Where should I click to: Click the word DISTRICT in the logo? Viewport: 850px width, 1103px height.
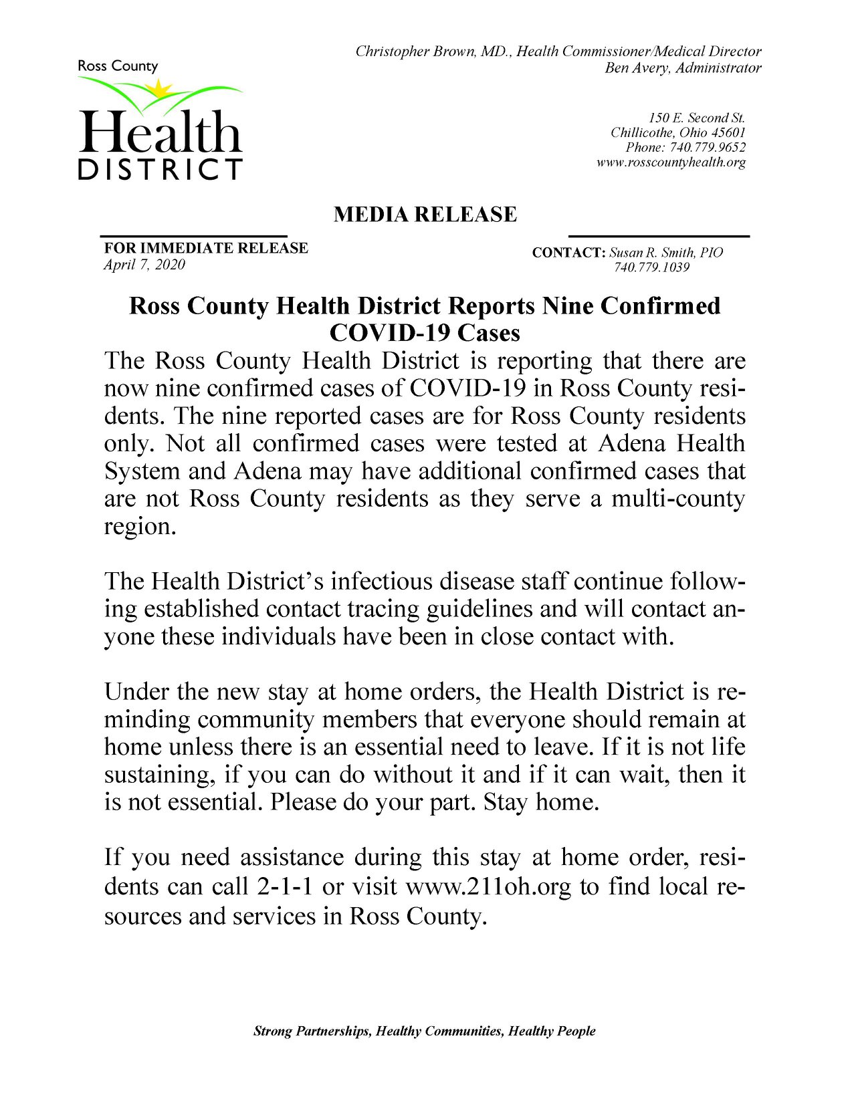pos(160,170)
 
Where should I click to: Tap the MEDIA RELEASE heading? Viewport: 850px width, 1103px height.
pos(425,215)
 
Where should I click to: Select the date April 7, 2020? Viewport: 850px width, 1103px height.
pos(144,265)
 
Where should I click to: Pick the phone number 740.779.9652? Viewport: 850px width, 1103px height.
pos(705,147)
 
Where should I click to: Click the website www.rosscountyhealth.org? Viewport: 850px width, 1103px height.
pos(671,162)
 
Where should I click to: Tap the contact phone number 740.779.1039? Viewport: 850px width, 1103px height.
pos(651,268)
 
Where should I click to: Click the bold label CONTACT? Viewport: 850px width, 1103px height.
pos(568,253)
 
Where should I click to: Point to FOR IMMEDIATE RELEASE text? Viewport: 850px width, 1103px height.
pos(206,248)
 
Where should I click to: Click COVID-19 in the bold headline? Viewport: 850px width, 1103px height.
pos(389,332)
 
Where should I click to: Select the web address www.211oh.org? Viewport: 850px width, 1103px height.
pos(489,886)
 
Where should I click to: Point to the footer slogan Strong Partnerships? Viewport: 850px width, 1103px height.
pos(312,1031)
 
